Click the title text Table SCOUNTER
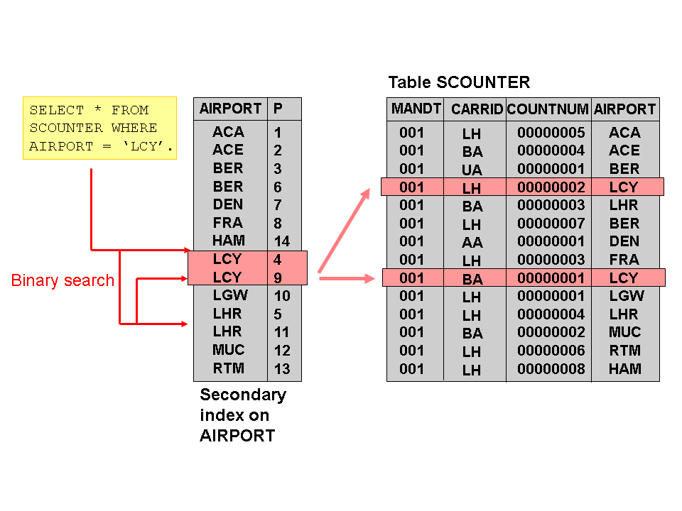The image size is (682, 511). point(459,82)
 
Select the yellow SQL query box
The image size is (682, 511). point(99,128)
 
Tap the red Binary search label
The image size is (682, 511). point(63,280)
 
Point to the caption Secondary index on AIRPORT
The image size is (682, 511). point(242,415)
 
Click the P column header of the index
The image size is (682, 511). point(278,109)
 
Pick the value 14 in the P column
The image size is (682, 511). point(282,241)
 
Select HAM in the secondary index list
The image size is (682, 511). point(228,241)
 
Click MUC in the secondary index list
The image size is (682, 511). point(228,350)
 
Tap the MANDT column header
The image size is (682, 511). point(416,109)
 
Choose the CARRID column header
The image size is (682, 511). point(477,110)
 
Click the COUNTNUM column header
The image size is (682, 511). point(548,110)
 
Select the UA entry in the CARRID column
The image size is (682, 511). point(472,170)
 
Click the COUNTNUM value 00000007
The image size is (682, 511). point(551,224)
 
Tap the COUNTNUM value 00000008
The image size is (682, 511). point(551,369)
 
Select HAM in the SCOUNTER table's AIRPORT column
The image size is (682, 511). point(624,369)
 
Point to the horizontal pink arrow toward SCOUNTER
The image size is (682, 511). point(347,279)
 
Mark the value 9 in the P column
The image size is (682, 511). point(278,278)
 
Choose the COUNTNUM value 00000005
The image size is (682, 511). point(551,133)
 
